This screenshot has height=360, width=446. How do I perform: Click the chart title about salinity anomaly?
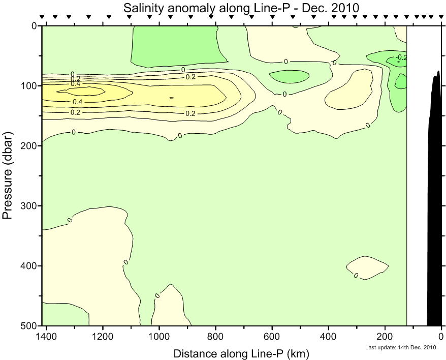pos(241,8)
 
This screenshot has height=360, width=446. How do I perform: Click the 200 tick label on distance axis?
pos(385,336)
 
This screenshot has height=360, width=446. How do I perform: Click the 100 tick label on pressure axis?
pos(30,85)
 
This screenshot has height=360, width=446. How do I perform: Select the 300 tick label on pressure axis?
pos(30,206)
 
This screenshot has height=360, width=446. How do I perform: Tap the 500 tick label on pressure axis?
pos(30,325)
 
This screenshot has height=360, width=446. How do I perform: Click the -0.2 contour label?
pos(401,57)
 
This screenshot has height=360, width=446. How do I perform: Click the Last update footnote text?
pos(401,348)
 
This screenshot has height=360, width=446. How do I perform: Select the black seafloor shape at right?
pos(435,203)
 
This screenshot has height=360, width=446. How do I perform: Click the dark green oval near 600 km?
pos(289,76)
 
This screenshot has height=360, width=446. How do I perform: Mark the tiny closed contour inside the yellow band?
pos(171,98)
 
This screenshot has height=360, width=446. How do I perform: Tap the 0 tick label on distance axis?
pos(441,336)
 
